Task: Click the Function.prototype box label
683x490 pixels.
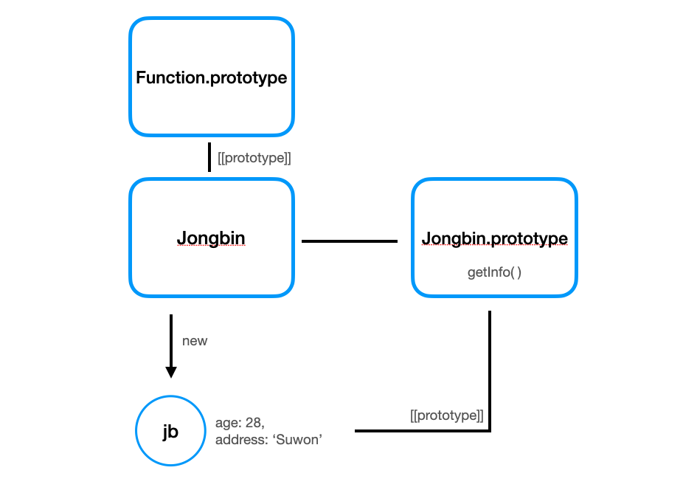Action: [212, 77]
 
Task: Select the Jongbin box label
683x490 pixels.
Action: [211, 238]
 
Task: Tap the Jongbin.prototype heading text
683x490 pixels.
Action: [494, 238]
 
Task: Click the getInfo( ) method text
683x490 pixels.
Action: [494, 272]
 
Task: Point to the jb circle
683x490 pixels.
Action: [170, 432]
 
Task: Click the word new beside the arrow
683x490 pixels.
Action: [195, 341]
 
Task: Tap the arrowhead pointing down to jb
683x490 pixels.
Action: [171, 371]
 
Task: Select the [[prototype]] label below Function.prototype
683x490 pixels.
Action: [254, 158]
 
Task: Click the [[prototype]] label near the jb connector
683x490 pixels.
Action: [447, 415]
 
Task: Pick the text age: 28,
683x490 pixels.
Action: [240, 424]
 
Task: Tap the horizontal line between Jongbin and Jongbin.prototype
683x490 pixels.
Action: [350, 241]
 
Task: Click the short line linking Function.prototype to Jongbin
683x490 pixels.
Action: [210, 157]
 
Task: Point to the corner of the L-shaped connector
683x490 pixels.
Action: [490, 430]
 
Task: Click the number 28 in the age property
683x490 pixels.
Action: [251, 424]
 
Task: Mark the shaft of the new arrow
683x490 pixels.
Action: [171, 339]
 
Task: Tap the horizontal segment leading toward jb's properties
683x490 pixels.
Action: [420, 430]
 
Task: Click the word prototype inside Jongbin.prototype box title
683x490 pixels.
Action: [529, 238]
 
